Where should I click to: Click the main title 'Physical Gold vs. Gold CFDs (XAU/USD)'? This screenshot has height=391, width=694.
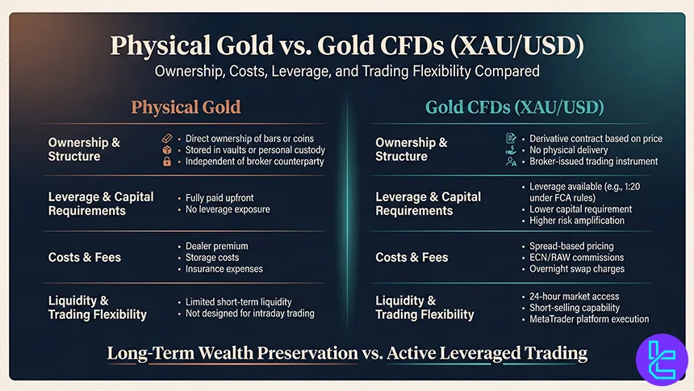(347, 44)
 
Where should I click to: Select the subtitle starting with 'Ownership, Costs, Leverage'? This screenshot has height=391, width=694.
(347, 71)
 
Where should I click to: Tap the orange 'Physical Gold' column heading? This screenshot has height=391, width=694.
(186, 107)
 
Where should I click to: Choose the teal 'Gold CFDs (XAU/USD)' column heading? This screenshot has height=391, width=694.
(514, 107)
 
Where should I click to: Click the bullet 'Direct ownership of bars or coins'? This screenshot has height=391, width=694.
(249, 138)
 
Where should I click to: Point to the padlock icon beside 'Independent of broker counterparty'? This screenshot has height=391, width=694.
(167, 162)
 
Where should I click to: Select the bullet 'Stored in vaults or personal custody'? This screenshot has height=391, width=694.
(255, 149)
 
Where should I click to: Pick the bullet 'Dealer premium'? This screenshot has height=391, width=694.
(216, 246)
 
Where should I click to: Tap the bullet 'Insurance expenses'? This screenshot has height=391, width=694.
(224, 268)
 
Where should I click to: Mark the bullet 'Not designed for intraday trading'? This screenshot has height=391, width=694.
(249, 313)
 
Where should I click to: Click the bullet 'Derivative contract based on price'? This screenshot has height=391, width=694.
(596, 138)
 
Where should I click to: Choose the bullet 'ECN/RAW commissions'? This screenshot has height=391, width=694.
(572, 257)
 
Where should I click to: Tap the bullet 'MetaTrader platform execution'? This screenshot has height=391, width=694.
(589, 319)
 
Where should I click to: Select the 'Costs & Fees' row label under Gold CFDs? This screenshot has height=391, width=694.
(412, 257)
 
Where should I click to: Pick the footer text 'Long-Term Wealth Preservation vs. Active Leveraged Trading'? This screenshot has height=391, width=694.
(347, 353)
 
